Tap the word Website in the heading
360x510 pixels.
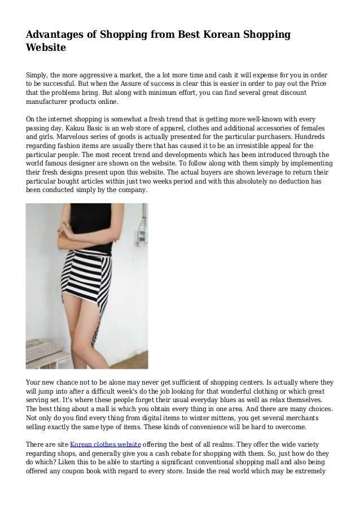(46, 49)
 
